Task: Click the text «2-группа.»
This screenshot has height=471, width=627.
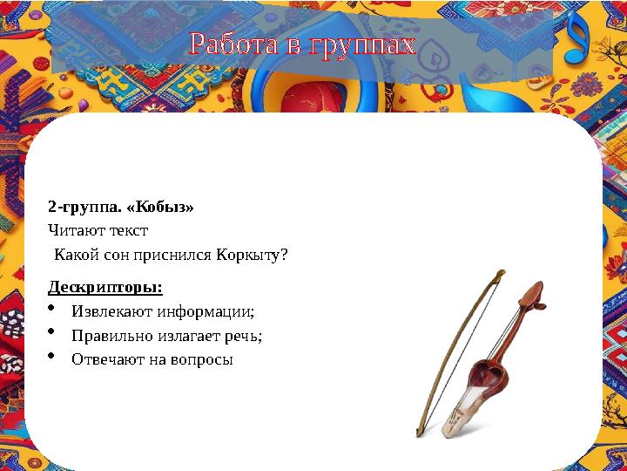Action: coord(78,208)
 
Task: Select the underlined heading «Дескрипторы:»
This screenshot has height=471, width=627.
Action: coord(104,287)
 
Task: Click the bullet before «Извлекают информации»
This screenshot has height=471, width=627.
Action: coord(52,309)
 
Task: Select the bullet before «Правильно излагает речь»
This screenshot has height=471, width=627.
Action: coord(52,332)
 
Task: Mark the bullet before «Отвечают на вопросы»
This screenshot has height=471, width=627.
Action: coord(52,356)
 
